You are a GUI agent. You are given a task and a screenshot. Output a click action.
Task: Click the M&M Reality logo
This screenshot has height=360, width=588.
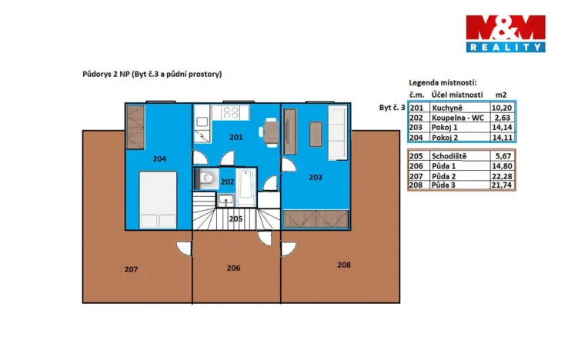pyautogui.click(x=506, y=33)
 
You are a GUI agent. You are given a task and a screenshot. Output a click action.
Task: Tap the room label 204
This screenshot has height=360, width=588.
pyautogui.click(x=159, y=158)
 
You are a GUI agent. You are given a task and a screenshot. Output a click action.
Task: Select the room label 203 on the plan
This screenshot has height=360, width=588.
pyautogui.click(x=316, y=177)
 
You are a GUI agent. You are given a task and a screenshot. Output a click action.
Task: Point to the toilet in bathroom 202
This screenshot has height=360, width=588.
pyautogui.click(x=206, y=178)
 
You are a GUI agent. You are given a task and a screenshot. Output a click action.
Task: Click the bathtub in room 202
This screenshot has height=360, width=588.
pyautogui.click(x=246, y=187)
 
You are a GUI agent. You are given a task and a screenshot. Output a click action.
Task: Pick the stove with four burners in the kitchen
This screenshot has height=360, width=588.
pyautogui.click(x=230, y=112)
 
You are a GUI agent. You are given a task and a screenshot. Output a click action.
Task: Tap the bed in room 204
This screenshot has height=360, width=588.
pyautogui.click(x=158, y=200)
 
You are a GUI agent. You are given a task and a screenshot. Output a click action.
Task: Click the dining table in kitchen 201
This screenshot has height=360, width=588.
pyautogui.click(x=271, y=132)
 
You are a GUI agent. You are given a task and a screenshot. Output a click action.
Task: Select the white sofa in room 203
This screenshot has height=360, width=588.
pyautogui.click(x=338, y=132)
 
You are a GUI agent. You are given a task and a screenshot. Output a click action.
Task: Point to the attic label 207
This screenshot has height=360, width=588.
pyautogui.click(x=132, y=269)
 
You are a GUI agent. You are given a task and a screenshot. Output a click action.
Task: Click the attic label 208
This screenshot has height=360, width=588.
pyautogui.click(x=344, y=265)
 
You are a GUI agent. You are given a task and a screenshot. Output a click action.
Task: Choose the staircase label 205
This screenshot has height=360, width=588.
pyautogui.click(x=236, y=218)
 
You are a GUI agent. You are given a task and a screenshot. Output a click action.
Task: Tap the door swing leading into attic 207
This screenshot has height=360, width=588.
pyautogui.click(x=183, y=248)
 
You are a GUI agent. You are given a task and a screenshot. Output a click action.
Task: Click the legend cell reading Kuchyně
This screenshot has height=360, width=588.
pyautogui.click(x=447, y=108)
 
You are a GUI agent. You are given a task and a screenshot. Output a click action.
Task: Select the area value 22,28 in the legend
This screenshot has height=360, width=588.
pyautogui.click(x=501, y=176)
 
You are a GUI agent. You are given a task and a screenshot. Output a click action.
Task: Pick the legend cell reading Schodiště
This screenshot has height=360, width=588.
pyautogui.click(x=449, y=156)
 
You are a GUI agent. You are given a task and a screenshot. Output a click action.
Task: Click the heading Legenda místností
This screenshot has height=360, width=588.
pyautogui.click(x=443, y=83)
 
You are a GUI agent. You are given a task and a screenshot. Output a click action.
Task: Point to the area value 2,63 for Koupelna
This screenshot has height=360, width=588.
pyautogui.click(x=503, y=118)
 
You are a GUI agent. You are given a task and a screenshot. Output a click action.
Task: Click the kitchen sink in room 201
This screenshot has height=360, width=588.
pyautogui.click(x=202, y=122)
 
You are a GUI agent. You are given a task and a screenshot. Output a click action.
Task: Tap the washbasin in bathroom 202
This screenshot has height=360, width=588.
pyautogui.click(x=226, y=200)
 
